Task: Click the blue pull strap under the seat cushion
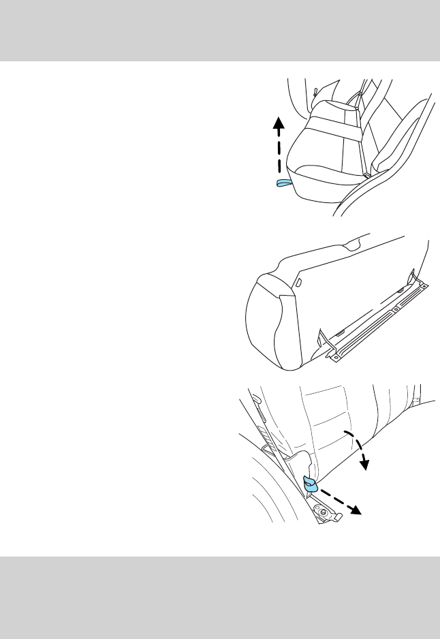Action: tap(283, 183)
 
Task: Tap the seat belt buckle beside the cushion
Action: tap(368, 175)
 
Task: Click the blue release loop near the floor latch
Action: tap(311, 483)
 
